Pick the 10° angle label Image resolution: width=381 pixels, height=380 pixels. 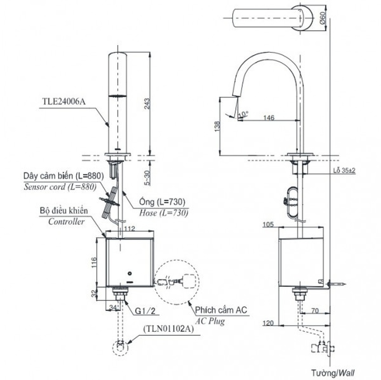pos(242,115)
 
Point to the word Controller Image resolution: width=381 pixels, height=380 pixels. pos(66,221)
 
